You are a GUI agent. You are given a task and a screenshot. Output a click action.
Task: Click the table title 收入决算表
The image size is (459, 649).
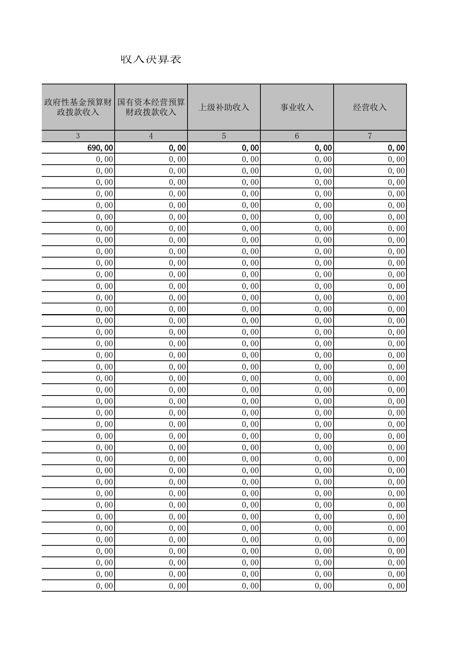pos(151,59)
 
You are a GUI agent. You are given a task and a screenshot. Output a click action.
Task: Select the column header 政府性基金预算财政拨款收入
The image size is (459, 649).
pos(78,107)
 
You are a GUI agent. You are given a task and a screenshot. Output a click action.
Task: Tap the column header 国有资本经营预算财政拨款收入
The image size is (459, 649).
pos(151,107)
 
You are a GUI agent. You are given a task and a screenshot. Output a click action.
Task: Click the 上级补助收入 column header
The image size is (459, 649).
pos(224,107)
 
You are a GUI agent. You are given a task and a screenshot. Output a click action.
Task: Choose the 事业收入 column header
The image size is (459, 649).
pos(297,107)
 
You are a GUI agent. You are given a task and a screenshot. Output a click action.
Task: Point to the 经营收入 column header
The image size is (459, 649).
pos(369,107)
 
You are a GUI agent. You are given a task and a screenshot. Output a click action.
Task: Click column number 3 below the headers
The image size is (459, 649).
pos(78,136)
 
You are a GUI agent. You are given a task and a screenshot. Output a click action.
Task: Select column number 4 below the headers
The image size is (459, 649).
pos(151,136)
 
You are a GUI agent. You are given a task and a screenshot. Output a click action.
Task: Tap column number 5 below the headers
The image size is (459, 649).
pos(224,136)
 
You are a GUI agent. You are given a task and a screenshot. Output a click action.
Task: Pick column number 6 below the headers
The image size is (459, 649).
pos(297,136)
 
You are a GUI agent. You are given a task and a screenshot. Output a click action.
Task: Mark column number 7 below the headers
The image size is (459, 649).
pos(369,136)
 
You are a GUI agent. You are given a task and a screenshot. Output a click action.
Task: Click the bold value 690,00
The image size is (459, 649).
pos(100,148)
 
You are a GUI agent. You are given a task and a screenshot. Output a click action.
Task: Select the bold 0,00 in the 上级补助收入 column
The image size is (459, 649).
pos(250,148)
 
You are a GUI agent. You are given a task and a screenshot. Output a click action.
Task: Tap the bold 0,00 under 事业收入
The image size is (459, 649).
pos(323,148)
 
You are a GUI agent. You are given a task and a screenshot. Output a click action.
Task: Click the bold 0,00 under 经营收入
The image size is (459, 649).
pos(396,148)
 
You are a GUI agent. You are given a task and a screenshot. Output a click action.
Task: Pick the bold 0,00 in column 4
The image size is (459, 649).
pos(178,148)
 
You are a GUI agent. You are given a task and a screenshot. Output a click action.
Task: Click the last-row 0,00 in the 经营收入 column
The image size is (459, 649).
pos(396,586)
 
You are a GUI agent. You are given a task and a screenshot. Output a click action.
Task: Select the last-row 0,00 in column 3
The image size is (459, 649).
pos(105,586)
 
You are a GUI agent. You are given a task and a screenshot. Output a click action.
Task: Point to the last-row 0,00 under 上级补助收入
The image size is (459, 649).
pos(250,586)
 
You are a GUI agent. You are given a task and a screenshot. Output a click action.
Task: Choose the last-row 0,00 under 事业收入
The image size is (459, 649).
pos(323,586)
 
